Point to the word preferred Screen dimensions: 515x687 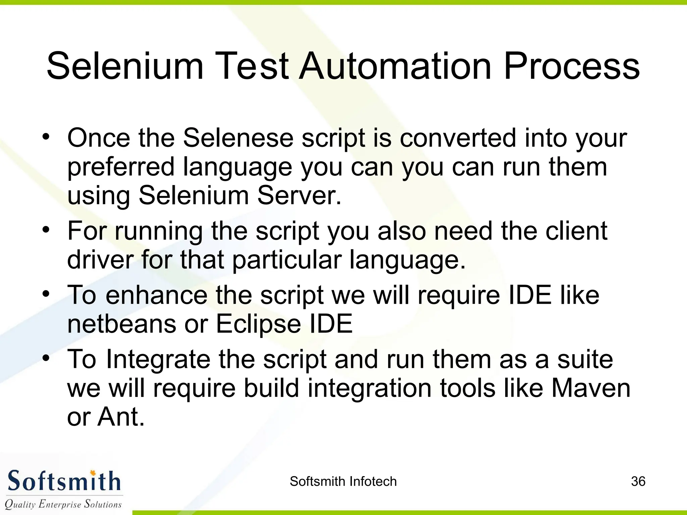(121, 167)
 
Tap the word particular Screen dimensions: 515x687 (286, 260)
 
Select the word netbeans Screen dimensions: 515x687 (121, 324)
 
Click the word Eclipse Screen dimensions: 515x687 (258, 325)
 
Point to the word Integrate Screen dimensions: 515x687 (158, 359)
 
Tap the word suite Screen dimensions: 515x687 (585, 359)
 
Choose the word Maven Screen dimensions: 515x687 (591, 388)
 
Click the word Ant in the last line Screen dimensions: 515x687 (121, 417)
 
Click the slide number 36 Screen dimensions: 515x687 (638, 481)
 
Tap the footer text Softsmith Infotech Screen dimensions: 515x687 (343, 481)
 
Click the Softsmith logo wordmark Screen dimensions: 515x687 (64, 481)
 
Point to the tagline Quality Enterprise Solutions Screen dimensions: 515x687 (63, 504)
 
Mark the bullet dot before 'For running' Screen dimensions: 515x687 (46, 230)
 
